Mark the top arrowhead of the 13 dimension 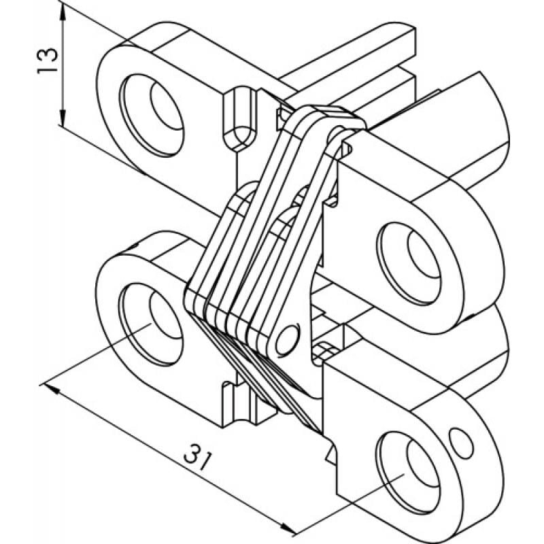(x=63, y=8)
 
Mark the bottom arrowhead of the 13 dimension (x=63, y=124)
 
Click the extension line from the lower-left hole (x=95, y=357)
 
